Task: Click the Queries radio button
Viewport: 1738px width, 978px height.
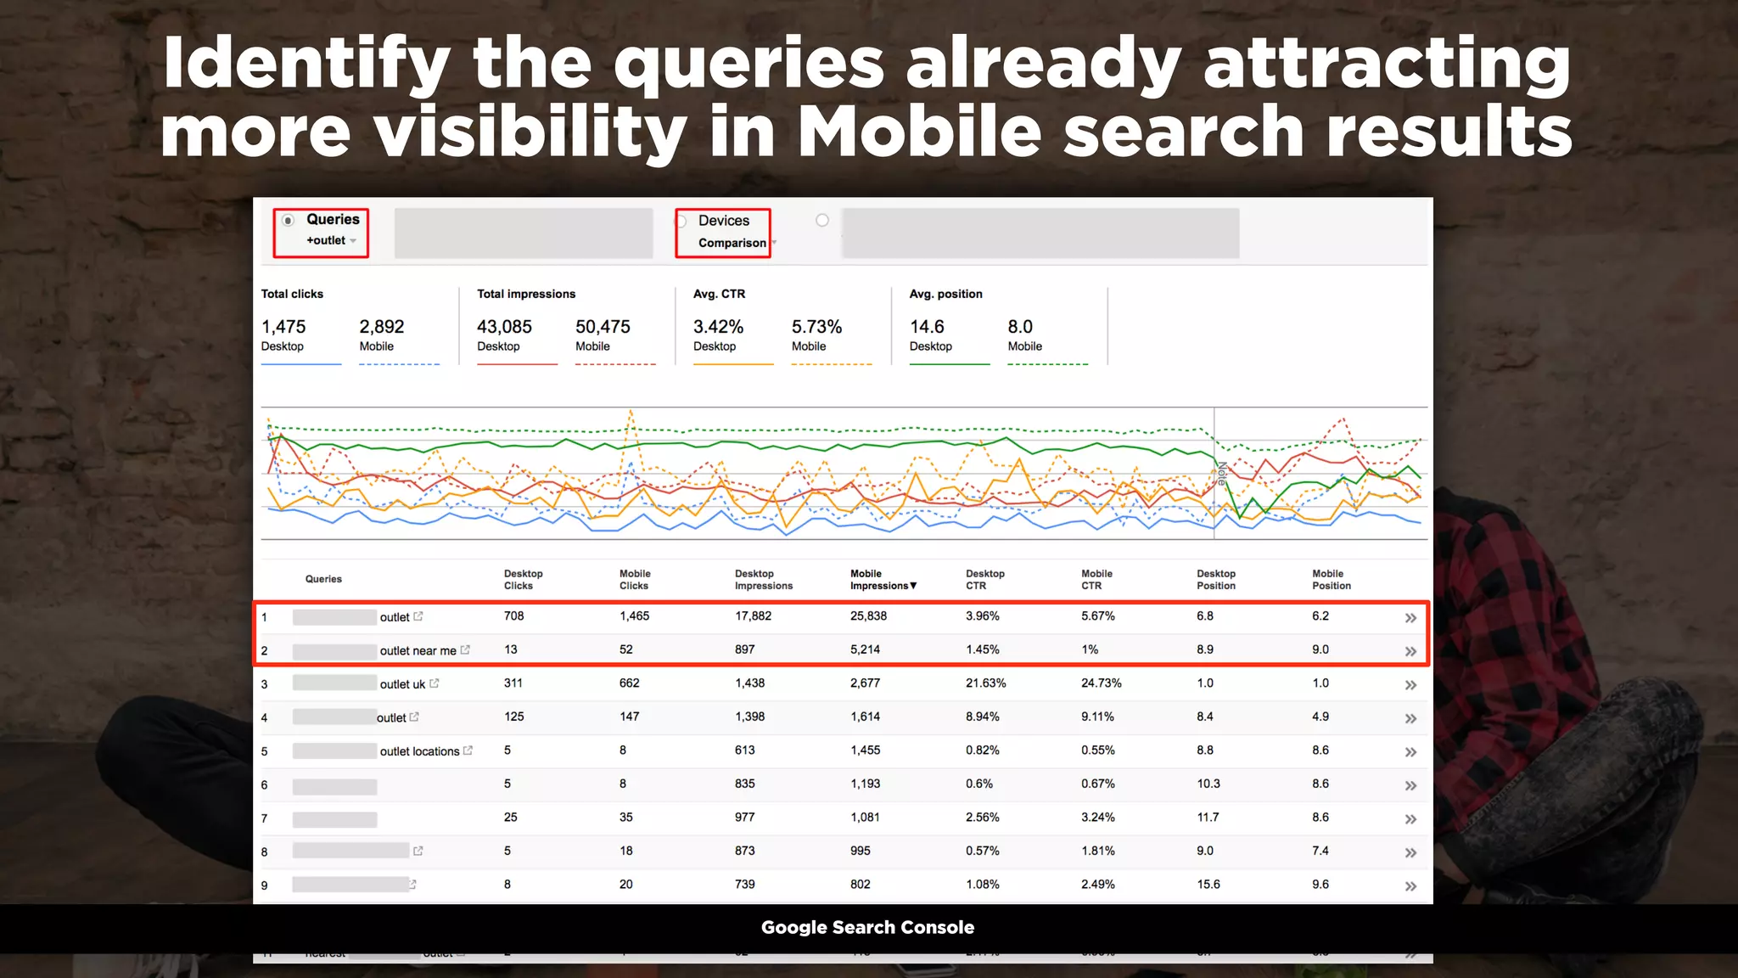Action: [x=289, y=221]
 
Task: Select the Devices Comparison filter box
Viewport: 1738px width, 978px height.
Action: [x=723, y=232]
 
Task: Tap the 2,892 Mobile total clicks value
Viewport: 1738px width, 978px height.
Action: [x=382, y=327]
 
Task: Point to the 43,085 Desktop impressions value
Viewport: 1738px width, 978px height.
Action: [x=504, y=327]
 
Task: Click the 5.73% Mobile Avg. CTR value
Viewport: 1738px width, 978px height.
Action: [x=816, y=327]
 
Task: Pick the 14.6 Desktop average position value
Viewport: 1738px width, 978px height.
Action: [x=927, y=327]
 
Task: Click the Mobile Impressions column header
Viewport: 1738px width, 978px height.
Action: [x=883, y=580]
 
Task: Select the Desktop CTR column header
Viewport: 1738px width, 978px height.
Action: [x=984, y=580]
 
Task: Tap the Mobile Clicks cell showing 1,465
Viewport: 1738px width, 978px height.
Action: [x=634, y=616]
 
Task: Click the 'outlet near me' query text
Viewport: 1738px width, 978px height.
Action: [x=418, y=651]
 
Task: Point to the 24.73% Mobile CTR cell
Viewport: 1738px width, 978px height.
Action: [x=1101, y=683]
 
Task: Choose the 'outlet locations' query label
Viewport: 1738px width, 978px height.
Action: [x=419, y=751]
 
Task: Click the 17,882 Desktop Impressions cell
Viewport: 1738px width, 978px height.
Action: [x=753, y=616]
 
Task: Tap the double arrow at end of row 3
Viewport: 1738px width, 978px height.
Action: [x=1410, y=685]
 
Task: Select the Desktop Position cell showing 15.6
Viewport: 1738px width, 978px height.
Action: [x=1208, y=885]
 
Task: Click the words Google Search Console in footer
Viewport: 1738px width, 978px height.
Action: [x=867, y=928]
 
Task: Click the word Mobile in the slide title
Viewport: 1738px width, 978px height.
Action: [x=919, y=132]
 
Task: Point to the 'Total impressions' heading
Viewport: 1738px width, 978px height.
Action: [x=526, y=294]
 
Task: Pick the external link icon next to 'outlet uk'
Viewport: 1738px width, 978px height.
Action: [x=434, y=683]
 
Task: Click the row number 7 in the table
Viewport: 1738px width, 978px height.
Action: [x=264, y=819]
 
